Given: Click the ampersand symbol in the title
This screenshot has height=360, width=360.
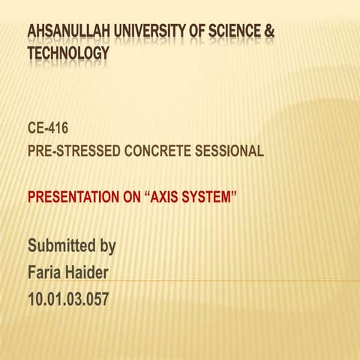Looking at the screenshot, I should pyautogui.click(x=268, y=32).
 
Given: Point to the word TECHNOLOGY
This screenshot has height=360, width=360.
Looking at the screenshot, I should pyautogui.click(x=68, y=54).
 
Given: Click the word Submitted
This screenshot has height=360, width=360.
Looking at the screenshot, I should pyautogui.click(x=61, y=245).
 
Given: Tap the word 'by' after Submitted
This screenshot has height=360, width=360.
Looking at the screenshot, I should pyautogui.click(x=106, y=247).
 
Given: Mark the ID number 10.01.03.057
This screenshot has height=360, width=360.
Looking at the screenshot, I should pyautogui.click(x=68, y=299).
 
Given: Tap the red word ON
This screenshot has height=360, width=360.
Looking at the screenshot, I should pyautogui.click(x=130, y=199).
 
